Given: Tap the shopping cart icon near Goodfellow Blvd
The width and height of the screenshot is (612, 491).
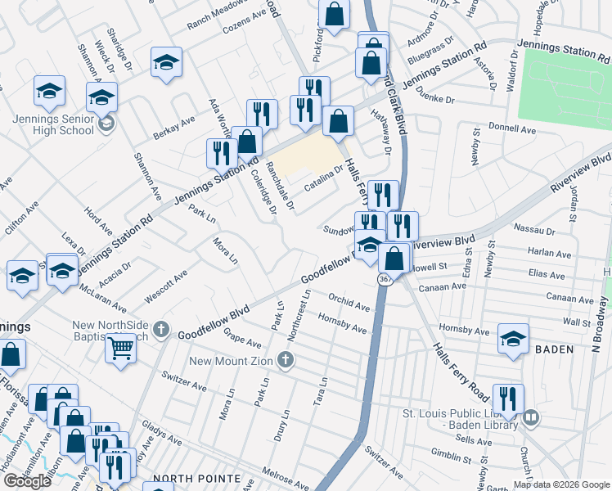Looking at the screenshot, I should [120, 347].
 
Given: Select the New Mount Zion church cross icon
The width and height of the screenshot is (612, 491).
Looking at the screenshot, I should [285, 360].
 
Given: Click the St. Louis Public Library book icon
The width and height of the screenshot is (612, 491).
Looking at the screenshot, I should [530, 418].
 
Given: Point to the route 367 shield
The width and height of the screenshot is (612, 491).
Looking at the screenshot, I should [384, 280].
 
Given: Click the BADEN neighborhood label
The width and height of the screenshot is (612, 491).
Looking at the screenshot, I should [556, 349].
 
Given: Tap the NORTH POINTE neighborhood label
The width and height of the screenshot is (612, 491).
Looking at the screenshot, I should [200, 479].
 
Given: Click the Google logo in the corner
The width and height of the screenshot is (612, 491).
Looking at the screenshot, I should [27, 481].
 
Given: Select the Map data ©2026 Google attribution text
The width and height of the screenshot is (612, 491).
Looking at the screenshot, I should [560, 484].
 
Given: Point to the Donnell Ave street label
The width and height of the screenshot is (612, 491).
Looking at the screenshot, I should [533, 128].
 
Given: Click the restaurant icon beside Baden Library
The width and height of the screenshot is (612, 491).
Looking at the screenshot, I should [507, 399].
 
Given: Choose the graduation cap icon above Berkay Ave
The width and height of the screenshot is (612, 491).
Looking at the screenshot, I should [166, 62].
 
